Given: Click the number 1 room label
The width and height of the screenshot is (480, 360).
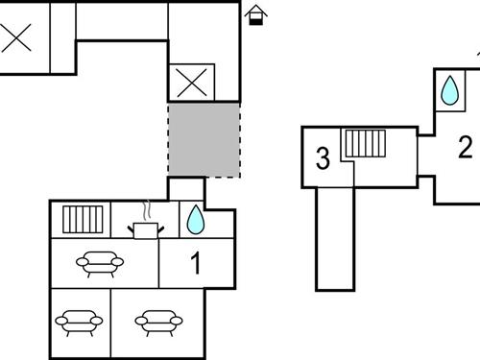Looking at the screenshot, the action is click(197, 262).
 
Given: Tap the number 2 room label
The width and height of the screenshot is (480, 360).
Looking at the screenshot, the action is click(466, 148).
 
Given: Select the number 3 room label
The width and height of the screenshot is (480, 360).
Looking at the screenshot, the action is click(324, 159).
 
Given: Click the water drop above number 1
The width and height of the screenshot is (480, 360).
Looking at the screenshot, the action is click(195, 220).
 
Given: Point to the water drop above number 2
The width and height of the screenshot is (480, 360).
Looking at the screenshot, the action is click(449, 91).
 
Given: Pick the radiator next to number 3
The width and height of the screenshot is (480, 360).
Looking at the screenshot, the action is click(365, 144).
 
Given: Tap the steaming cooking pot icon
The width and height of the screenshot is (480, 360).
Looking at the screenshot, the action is click(146, 228).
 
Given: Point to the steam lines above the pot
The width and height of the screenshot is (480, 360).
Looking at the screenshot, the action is click(146, 209).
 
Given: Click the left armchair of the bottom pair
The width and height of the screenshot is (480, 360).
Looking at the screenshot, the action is click(77, 321).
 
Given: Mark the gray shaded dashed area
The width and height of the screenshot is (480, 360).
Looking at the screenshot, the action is click(204, 139).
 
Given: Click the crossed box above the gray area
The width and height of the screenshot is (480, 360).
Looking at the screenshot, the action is click(189, 83).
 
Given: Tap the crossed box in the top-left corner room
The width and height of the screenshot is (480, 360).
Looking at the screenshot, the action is click(16, 39).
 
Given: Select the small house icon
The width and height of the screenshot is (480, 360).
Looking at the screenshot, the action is click(255, 13).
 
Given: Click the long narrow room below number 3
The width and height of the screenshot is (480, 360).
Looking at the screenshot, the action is click(336, 235).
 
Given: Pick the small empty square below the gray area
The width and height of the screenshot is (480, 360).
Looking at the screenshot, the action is click(186, 189).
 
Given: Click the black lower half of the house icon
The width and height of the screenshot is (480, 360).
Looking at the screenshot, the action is click(255, 19).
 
